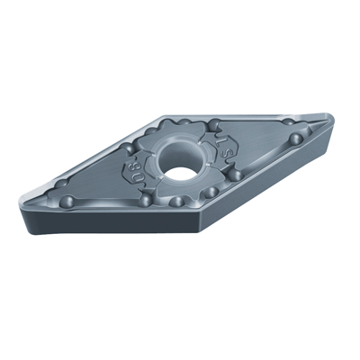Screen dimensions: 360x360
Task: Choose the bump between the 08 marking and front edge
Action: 144,200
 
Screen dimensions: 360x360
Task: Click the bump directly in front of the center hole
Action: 179,200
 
